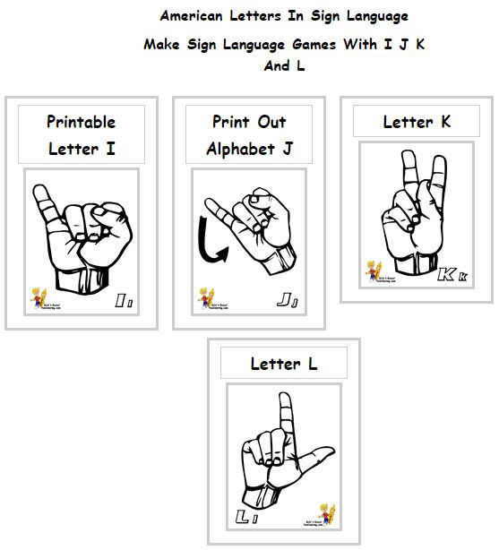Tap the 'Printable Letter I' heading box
82,134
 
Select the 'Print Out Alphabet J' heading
249,134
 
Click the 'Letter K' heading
416,122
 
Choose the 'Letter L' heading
283,363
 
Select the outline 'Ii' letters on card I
124,302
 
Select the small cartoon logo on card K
374,271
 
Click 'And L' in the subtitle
283,66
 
